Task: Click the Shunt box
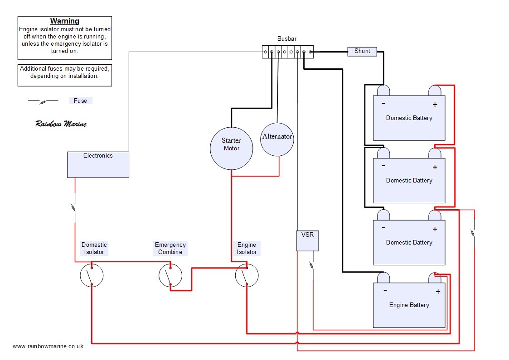(362, 51)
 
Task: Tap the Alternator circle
(277, 139)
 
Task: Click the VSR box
(307, 240)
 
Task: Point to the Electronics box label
(98, 156)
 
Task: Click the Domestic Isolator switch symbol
(92, 275)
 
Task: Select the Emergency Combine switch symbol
(170, 275)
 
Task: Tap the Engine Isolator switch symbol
(247, 275)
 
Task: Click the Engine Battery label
(409, 305)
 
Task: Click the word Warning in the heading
(64, 21)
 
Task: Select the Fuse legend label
(80, 101)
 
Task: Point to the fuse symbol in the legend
(43, 101)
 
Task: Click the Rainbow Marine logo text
(61, 124)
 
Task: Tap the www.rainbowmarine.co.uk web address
(48, 346)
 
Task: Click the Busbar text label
(286, 39)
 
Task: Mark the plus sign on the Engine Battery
(438, 292)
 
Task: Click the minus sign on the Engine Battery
(385, 290)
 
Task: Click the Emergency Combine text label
(170, 248)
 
